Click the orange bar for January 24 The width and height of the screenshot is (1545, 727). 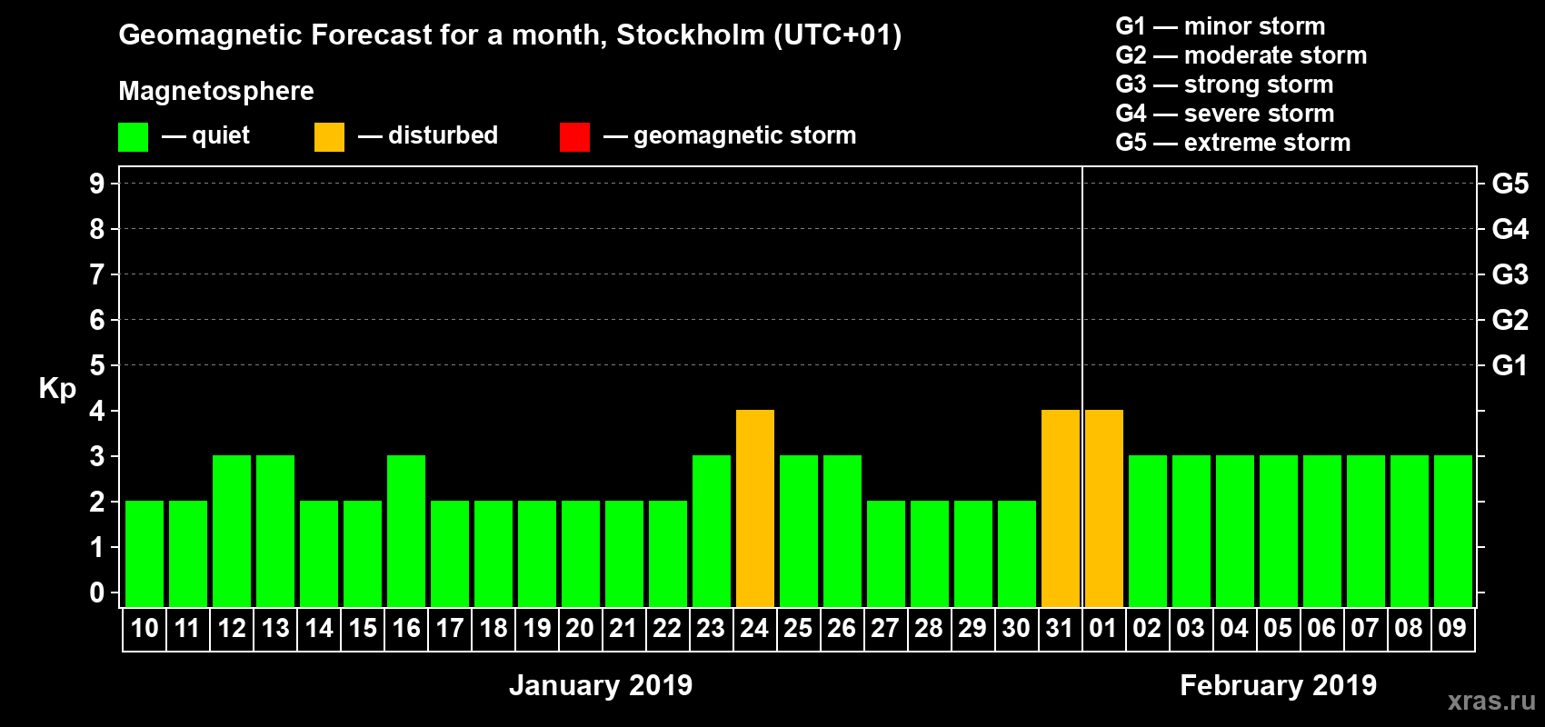pyautogui.click(x=755, y=508)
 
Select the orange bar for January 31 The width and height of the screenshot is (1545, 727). pyautogui.click(x=1061, y=508)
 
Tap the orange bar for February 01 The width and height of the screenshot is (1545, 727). pyautogui.click(x=1104, y=508)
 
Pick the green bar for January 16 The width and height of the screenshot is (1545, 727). pyautogui.click(x=406, y=531)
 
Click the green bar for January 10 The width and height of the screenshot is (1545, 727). pyautogui.click(x=145, y=553)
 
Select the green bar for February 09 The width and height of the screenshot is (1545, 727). pyautogui.click(x=1453, y=531)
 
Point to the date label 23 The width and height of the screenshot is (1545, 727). pyautogui.click(x=711, y=629)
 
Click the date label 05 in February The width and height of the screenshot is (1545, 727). pyautogui.click(x=1278, y=629)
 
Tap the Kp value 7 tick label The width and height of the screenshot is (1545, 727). pyautogui.click(x=97, y=274)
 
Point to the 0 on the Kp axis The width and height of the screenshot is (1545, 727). pyautogui.click(x=97, y=593)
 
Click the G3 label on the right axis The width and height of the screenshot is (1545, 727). pyautogui.click(x=1510, y=274)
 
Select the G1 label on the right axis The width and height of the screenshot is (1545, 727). pyautogui.click(x=1510, y=365)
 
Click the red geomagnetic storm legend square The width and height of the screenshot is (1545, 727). pyautogui.click(x=574, y=137)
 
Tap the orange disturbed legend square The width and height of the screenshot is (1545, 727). pyautogui.click(x=329, y=137)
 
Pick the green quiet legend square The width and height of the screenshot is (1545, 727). pyautogui.click(x=133, y=137)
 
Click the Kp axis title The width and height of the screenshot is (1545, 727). pyautogui.click(x=57, y=389)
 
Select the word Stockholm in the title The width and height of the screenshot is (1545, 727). pyautogui.click(x=691, y=35)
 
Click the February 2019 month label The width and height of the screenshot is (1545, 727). pyautogui.click(x=1278, y=685)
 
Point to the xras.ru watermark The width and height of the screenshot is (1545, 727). pyautogui.click(x=1491, y=701)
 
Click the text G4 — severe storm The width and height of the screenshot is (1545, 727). pyautogui.click(x=1225, y=114)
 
